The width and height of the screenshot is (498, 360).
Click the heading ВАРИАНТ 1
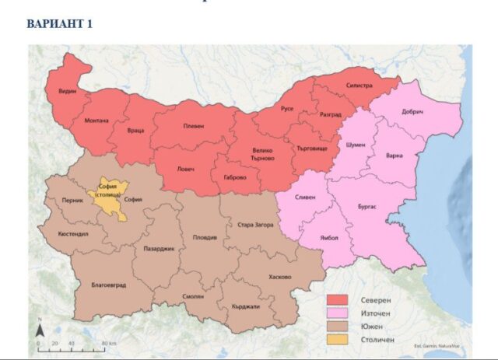point(59,24)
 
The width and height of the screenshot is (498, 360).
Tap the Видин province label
point(68,92)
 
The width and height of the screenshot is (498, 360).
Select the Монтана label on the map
point(96,121)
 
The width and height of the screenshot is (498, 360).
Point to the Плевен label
point(193,126)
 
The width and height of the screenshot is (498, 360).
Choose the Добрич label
point(412,113)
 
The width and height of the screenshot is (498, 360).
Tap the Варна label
point(395,156)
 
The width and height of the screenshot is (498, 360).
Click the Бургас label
point(366,207)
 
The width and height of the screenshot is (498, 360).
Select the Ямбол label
point(329,238)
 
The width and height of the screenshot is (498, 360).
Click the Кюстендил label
point(73,233)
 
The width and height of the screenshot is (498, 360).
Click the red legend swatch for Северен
point(336,300)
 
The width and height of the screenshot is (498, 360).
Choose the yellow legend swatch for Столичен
point(336,339)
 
